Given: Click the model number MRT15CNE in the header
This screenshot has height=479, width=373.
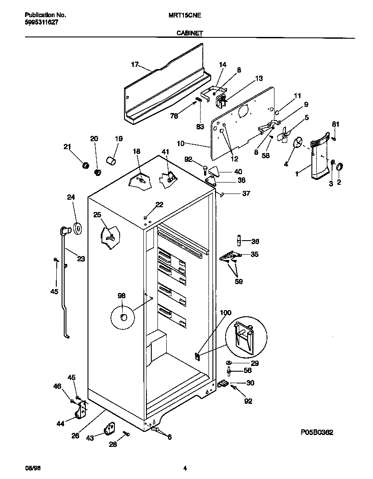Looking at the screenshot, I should [x=185, y=15].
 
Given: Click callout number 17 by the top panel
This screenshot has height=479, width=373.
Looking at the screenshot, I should [x=135, y=64].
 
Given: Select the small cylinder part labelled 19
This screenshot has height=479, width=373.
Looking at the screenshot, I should [x=111, y=159].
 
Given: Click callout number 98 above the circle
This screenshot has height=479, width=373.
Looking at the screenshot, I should [x=121, y=296].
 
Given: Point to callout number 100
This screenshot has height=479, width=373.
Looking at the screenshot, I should [x=225, y=313].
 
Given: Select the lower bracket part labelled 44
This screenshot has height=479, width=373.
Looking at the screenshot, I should [x=80, y=412].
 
